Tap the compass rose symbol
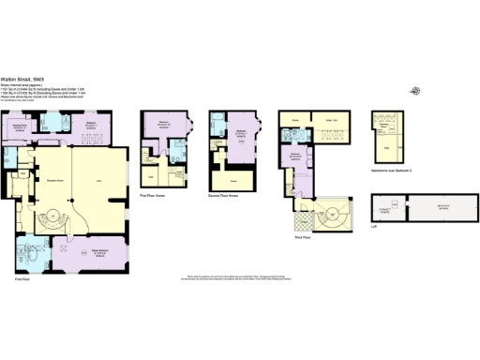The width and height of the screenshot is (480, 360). [x=415, y=91]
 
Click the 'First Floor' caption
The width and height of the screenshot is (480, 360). [x=21, y=278]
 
